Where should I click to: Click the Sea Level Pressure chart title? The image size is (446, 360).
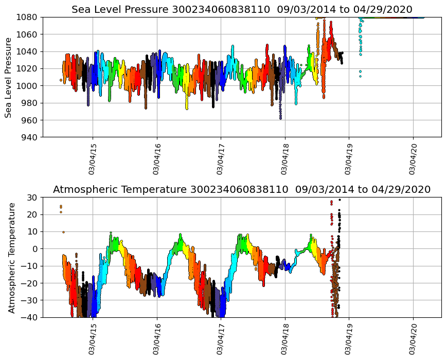click(x=242, y=9)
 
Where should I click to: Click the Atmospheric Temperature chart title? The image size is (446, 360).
click(x=242, y=189)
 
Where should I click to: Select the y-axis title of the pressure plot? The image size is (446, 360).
click(x=9, y=77)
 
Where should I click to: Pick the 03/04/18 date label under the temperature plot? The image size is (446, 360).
click(x=284, y=340)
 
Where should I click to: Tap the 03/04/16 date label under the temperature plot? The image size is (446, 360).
click(x=156, y=340)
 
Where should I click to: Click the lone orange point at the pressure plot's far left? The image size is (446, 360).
click(x=61, y=80)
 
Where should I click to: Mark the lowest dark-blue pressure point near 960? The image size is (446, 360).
click(x=280, y=118)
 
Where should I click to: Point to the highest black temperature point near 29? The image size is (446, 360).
click(x=340, y=200)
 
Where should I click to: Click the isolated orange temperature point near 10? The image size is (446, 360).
click(x=64, y=232)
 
